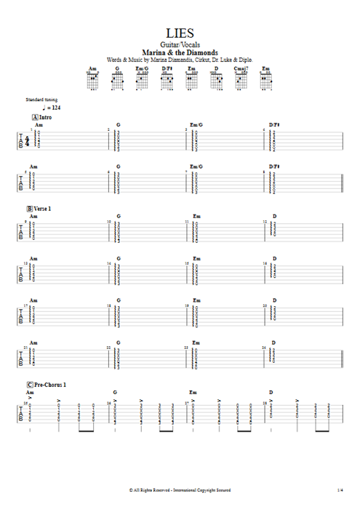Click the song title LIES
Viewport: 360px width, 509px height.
click(179, 33)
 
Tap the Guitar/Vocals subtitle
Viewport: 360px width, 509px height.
click(179, 45)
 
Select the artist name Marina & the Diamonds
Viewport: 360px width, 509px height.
click(179, 52)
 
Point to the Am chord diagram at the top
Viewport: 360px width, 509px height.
click(92, 79)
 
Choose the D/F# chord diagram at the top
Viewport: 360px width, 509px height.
click(167, 79)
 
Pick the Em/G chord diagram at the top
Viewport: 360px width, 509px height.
click(142, 79)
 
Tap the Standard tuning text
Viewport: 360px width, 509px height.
click(41, 99)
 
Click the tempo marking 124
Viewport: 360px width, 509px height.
click(55, 107)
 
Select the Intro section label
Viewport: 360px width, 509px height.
click(46, 117)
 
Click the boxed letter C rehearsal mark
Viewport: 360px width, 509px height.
click(29, 384)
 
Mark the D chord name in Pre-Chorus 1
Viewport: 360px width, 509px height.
click(271, 392)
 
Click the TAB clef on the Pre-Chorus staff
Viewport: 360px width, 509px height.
click(20, 414)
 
